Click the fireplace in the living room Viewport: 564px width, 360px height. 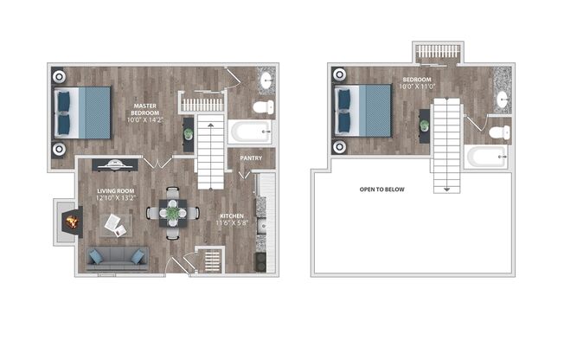[x=70, y=222]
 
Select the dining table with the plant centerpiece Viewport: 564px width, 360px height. [x=173, y=212]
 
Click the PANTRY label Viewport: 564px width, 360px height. [x=251, y=158]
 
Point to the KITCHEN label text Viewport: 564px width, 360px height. [x=230, y=215]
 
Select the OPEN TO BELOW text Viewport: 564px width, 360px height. [x=381, y=189]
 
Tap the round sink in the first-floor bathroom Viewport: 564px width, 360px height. [x=266, y=82]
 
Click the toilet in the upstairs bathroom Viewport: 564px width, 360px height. [x=499, y=133]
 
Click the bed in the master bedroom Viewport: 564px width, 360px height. [x=84, y=112]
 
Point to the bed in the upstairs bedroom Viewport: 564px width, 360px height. [x=364, y=110]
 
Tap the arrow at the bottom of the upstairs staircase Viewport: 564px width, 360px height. [x=447, y=188]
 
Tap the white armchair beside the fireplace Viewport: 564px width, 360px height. [x=114, y=225]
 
